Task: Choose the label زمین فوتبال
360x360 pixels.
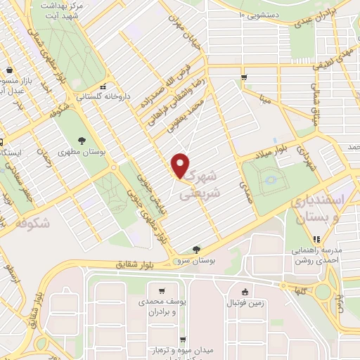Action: [243, 303]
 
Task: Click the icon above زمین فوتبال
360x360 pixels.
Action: [244, 292]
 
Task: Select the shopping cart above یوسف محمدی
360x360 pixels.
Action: [162, 292]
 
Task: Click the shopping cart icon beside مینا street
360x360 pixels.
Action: [243, 77]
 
